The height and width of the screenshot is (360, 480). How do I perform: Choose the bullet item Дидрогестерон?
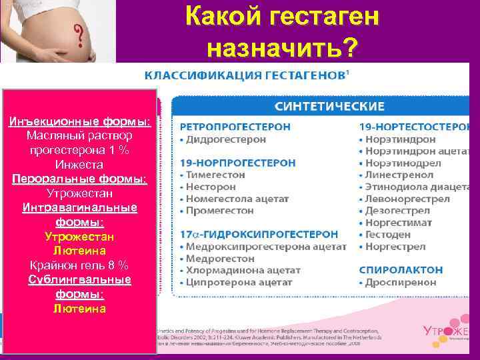tap(225, 139)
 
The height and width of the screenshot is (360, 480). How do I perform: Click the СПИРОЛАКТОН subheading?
tap(401, 269)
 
